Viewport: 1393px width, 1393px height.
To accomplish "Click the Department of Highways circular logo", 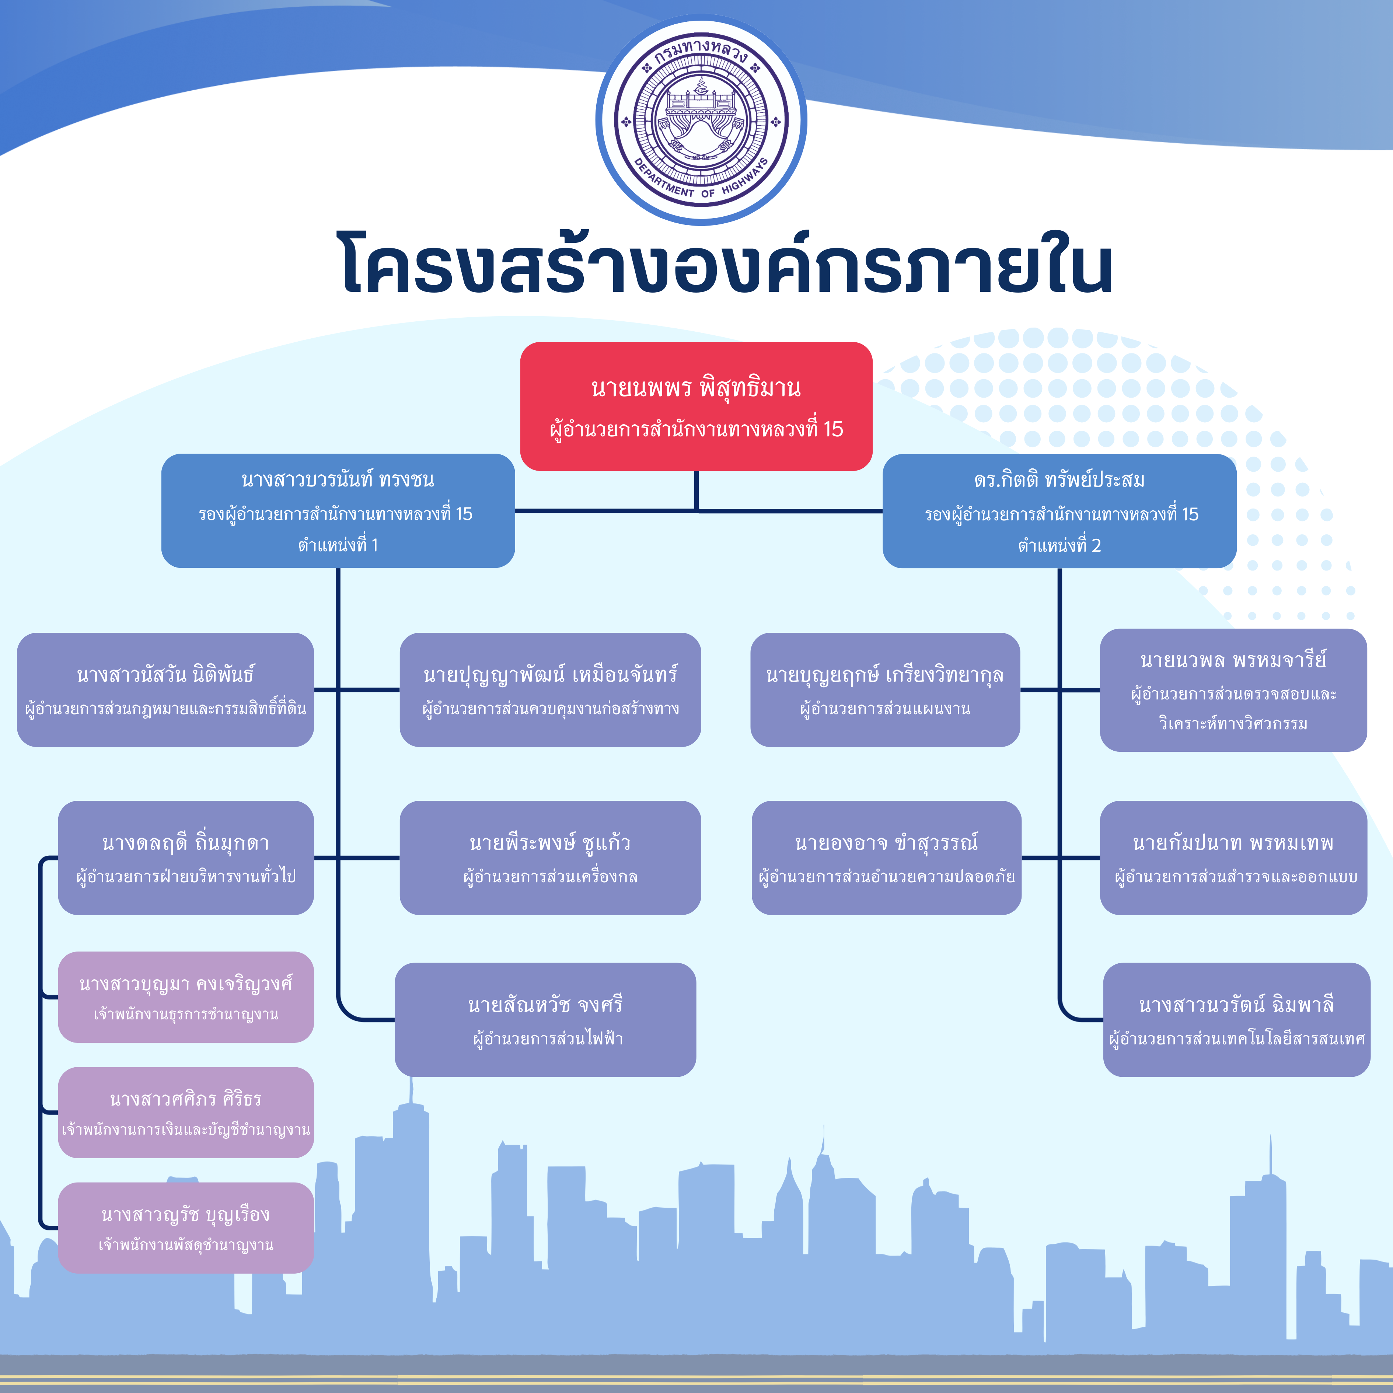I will point(701,120).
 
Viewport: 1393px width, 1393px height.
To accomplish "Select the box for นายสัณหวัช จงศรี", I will point(545,1020).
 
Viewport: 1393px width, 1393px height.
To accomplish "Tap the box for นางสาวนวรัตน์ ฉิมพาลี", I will point(1236,1020).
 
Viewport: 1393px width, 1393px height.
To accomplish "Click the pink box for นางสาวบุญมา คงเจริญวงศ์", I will point(186,997).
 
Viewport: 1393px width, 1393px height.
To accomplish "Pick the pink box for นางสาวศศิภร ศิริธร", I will point(186,1113).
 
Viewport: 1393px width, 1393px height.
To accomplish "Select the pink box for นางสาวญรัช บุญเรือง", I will point(186,1228).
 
